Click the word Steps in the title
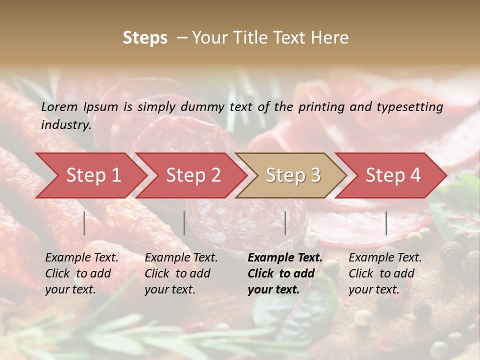[x=145, y=38]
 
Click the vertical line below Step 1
[x=84, y=223]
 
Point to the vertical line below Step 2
[x=184, y=223]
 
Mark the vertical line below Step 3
[x=285, y=223]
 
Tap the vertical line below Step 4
[x=386, y=223]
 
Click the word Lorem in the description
[x=59, y=106]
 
